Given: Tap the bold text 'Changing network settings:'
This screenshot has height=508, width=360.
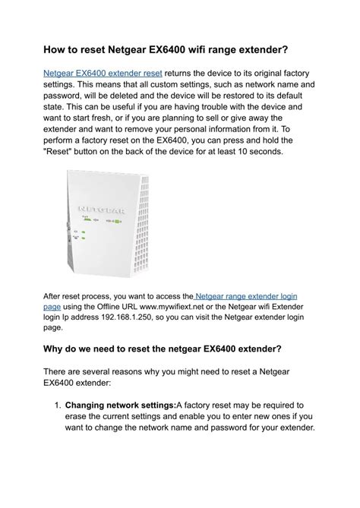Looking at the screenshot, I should pos(121,406).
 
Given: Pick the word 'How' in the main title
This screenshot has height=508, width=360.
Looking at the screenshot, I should pos(56,50).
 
